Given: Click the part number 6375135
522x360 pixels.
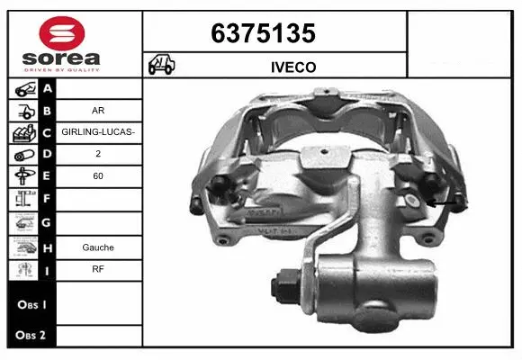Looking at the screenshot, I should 263,34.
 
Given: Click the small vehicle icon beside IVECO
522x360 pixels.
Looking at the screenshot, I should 163,66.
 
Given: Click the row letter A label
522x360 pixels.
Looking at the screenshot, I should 47,88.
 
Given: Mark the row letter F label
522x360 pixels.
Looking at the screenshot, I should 47,198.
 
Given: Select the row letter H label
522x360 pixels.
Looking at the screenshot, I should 47,247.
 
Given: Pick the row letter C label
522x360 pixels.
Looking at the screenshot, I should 47,132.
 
